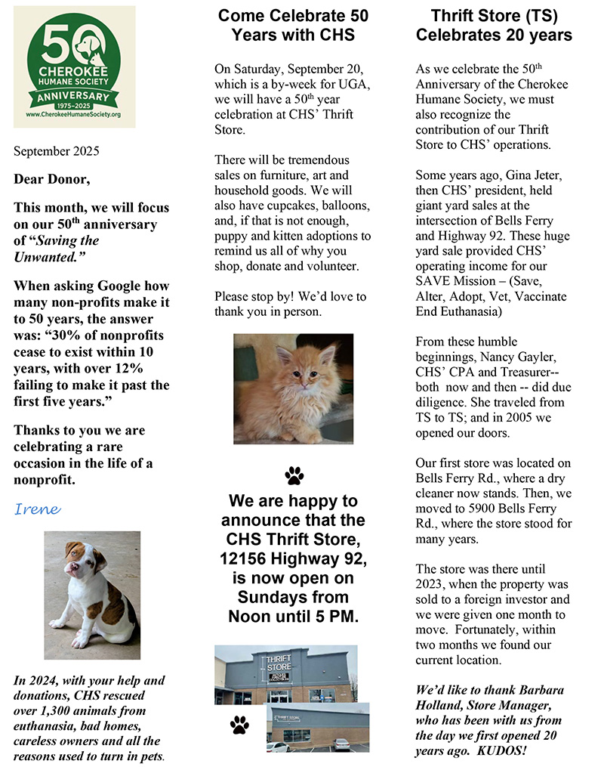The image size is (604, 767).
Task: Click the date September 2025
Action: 56,150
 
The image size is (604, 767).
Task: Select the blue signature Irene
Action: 37,509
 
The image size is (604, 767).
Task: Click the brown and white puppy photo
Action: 91,595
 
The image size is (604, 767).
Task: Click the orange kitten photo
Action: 293,388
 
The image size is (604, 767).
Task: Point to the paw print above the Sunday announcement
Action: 294,475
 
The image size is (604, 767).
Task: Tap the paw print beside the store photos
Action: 239,726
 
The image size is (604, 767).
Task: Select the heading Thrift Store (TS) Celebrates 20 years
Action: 494,25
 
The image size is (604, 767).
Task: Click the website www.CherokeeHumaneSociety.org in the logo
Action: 74,114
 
